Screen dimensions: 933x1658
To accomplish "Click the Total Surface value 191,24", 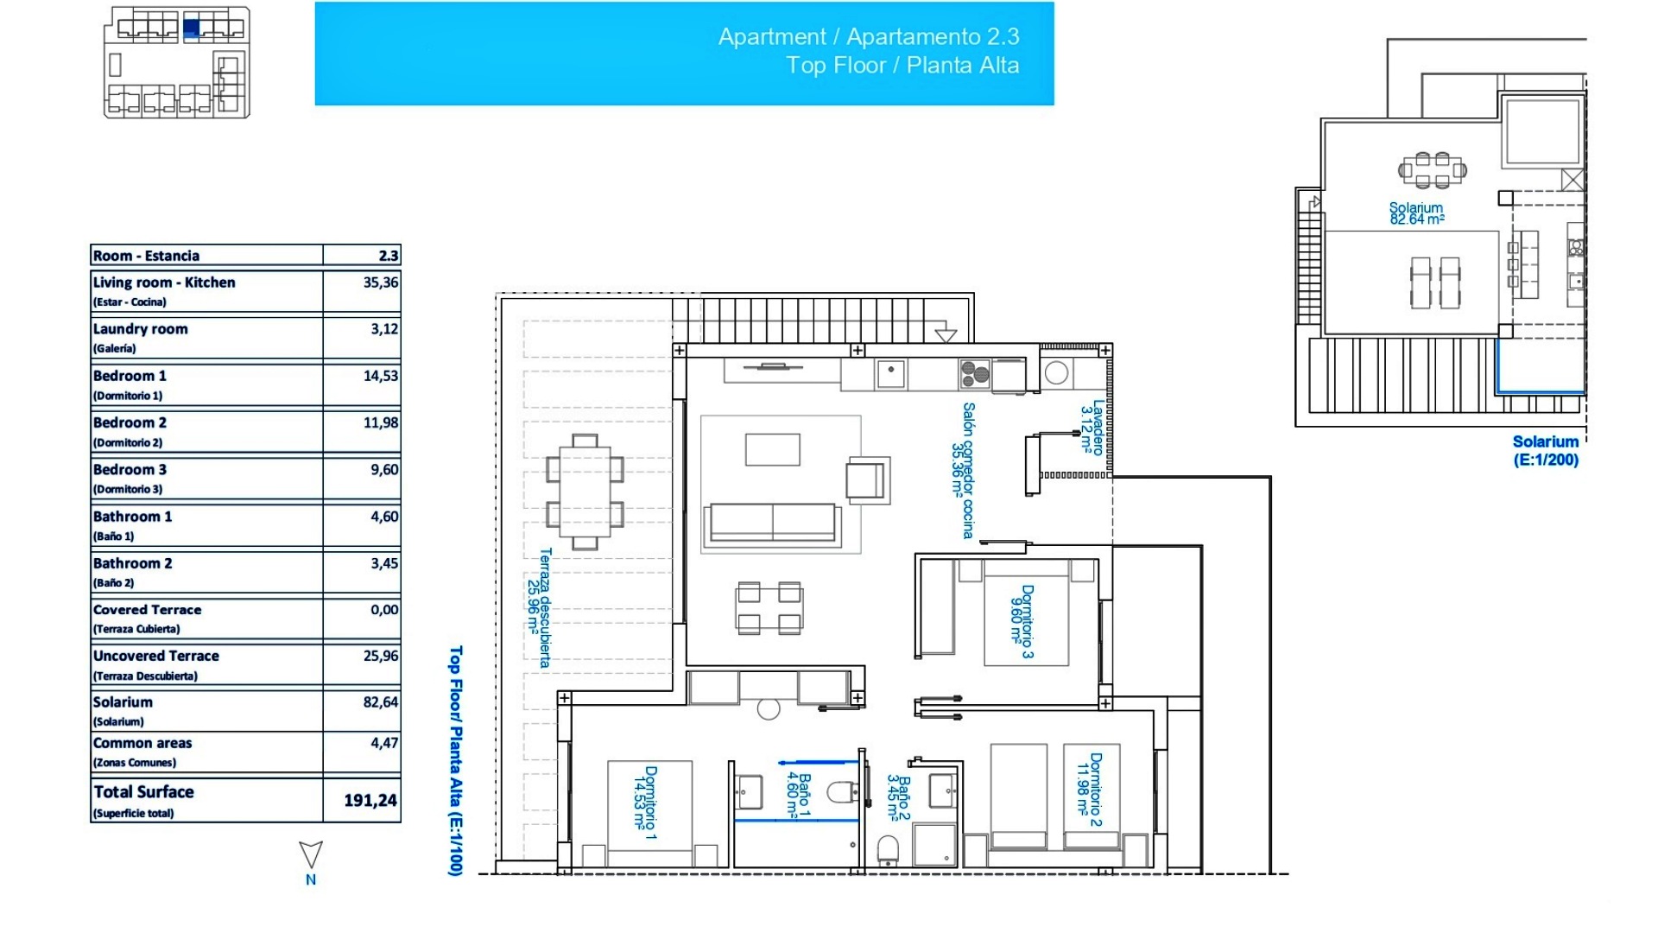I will tap(370, 801).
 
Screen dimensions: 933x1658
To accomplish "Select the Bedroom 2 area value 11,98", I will tap(380, 422).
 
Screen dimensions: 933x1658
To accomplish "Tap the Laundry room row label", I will tap(141, 329).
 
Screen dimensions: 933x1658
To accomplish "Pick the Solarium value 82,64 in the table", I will tap(380, 702).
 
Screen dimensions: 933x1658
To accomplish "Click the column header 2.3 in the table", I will tap(388, 256).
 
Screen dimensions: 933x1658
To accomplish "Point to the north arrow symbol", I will tap(311, 855).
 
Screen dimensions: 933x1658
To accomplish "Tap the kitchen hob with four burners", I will tap(974, 374).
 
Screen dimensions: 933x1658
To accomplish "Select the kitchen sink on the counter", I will tap(890, 374).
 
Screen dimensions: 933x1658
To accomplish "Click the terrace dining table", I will tap(585, 492).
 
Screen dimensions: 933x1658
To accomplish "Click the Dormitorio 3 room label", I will tap(1022, 621).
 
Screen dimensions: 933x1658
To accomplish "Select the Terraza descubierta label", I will tap(539, 607).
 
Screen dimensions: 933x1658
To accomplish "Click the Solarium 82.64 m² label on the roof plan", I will tap(1416, 213).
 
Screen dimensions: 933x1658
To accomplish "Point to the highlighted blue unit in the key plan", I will tap(192, 29).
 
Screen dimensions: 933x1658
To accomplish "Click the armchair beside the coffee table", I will tap(866, 479).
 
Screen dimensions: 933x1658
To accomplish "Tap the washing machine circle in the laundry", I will tap(1055, 373).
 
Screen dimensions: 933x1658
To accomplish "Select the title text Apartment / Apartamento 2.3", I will tap(868, 37).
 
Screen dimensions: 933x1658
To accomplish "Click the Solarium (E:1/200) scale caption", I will tap(1545, 451).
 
